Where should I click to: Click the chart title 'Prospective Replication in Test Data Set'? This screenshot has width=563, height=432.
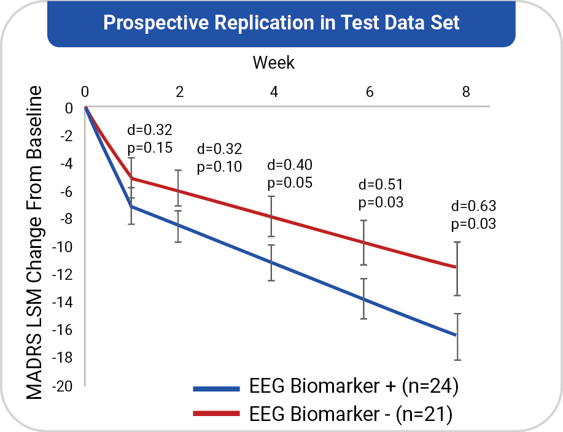281,23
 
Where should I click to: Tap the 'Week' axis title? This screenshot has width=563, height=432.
274,62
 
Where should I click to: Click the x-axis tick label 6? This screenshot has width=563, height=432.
370,92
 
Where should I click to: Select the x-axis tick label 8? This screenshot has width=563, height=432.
466,92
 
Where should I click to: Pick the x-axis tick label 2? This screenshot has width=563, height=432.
180,92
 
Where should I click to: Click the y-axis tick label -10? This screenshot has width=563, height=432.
64,247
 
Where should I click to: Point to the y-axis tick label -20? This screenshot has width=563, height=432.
64,386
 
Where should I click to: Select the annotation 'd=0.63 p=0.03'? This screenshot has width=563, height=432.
473,214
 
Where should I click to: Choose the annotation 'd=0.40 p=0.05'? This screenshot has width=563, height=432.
290,174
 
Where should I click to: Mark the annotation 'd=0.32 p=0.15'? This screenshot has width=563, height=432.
150,139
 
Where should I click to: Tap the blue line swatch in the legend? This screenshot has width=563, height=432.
215,388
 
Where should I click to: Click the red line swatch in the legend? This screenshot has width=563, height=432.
215,415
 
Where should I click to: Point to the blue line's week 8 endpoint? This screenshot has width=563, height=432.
456,335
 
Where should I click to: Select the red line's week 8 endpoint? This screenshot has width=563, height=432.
456,267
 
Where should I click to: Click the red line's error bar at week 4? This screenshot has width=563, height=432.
272,216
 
